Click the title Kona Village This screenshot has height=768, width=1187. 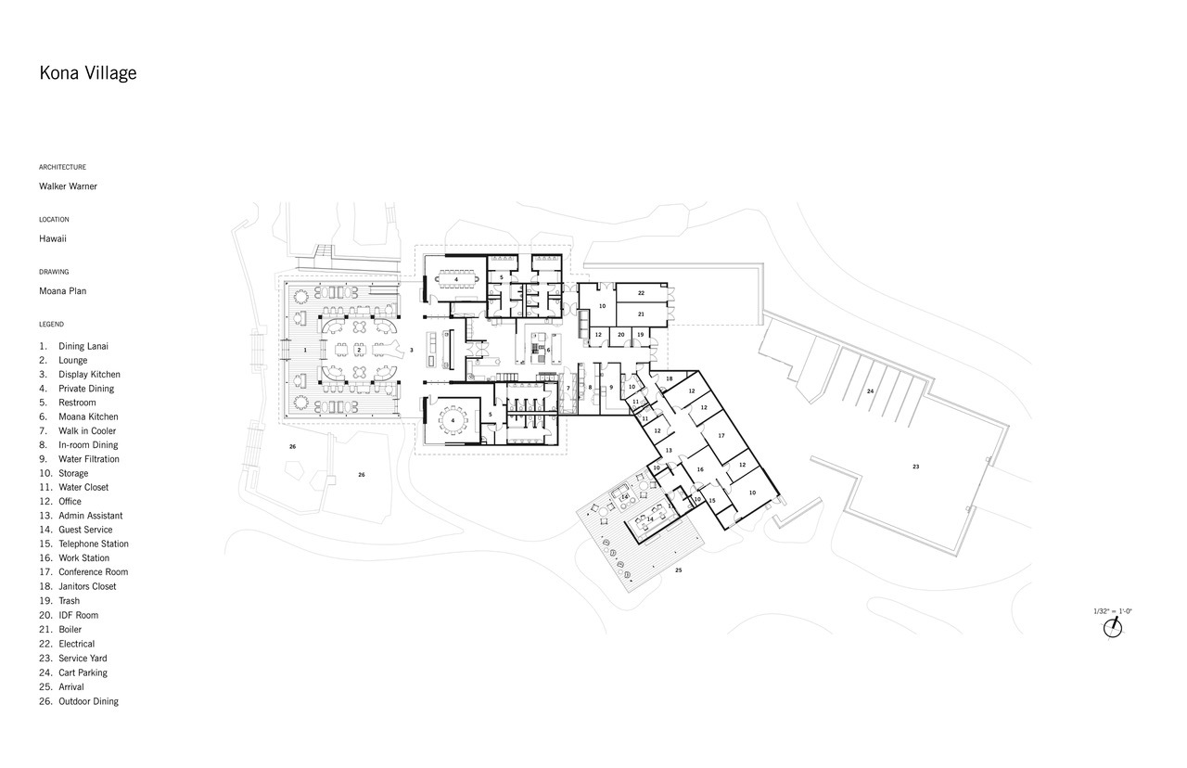[x=88, y=73]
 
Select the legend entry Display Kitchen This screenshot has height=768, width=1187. [x=80, y=374]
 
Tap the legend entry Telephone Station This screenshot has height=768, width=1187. [x=83, y=544]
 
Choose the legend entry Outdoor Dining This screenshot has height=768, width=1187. [x=79, y=701]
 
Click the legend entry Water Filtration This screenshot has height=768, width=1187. [x=79, y=459]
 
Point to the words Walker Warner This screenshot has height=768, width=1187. [x=68, y=186]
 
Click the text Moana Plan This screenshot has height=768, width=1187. [x=62, y=291]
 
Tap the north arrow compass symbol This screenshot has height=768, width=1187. [x=1113, y=628]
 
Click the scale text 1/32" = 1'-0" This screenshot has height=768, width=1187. [x=1113, y=611]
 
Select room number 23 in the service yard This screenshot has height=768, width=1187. [x=915, y=467]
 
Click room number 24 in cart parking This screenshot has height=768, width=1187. [x=870, y=391]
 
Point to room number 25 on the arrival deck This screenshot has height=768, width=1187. [x=678, y=570]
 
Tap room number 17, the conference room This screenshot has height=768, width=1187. [x=721, y=436]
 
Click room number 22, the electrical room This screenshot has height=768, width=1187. [x=641, y=292]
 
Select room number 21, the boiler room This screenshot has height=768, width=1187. [x=641, y=314]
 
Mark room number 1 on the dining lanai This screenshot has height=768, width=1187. [x=305, y=350]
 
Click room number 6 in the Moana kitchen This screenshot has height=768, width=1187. [x=548, y=350]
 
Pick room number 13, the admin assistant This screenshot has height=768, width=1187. [x=669, y=451]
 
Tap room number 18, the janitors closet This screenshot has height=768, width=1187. [x=670, y=378]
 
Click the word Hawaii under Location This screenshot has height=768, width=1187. [x=53, y=238]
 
